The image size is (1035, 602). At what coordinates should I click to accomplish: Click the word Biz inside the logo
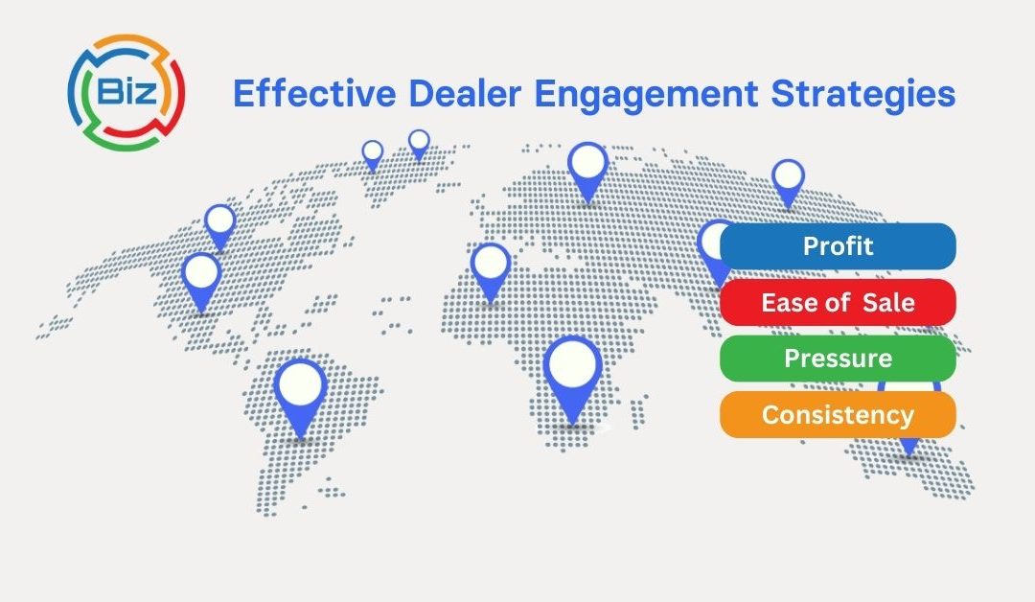tap(126, 92)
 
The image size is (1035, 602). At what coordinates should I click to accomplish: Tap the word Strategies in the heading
tap(868, 95)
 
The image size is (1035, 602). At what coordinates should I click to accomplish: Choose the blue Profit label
tap(838, 246)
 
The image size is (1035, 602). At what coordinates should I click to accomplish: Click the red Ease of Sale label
tap(838, 303)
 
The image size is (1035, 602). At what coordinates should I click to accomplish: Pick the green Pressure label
tap(838, 359)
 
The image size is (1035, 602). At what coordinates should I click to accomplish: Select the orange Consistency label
tap(838, 415)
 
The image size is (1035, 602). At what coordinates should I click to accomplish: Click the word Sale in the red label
tap(888, 303)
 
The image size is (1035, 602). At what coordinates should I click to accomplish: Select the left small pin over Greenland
tap(373, 152)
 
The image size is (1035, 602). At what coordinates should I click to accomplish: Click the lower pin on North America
tap(201, 275)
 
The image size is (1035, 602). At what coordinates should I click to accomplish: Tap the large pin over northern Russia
tap(587, 165)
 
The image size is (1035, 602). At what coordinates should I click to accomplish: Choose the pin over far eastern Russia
tap(788, 178)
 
